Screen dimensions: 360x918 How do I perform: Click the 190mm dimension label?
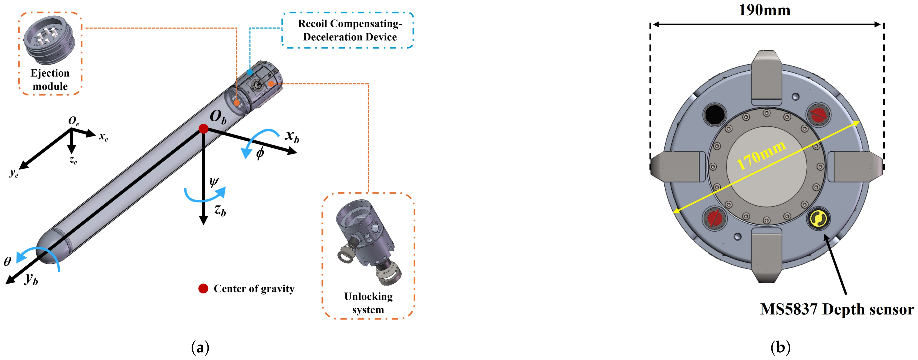764,10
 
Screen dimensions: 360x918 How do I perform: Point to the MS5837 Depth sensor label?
837,309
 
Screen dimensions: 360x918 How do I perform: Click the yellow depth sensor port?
818,219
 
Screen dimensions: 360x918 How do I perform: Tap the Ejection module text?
50,80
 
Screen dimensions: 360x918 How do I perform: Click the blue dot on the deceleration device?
250,72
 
